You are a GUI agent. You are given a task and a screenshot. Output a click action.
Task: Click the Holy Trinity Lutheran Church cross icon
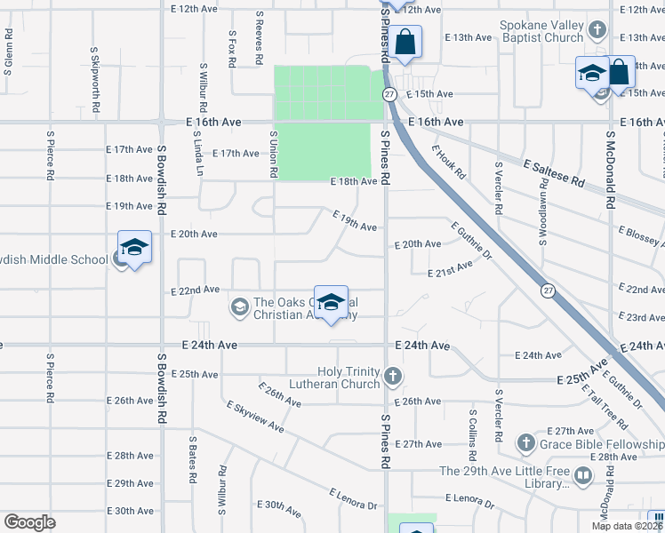click(x=391, y=378)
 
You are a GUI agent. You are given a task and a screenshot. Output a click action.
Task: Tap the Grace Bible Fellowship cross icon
click(x=525, y=442)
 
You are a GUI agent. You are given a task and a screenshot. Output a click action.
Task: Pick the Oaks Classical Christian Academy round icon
click(x=239, y=307)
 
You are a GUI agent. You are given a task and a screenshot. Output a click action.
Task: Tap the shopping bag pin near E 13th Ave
click(x=405, y=42)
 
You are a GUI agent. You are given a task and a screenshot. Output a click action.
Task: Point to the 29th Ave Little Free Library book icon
click(x=583, y=477)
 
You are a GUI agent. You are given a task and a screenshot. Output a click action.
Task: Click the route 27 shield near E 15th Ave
click(x=389, y=93)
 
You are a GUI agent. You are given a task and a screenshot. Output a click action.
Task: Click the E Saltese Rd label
click(x=554, y=173)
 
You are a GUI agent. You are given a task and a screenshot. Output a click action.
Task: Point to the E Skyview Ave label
click(x=255, y=417)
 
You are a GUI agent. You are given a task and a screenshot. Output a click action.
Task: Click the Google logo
click(x=29, y=522)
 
